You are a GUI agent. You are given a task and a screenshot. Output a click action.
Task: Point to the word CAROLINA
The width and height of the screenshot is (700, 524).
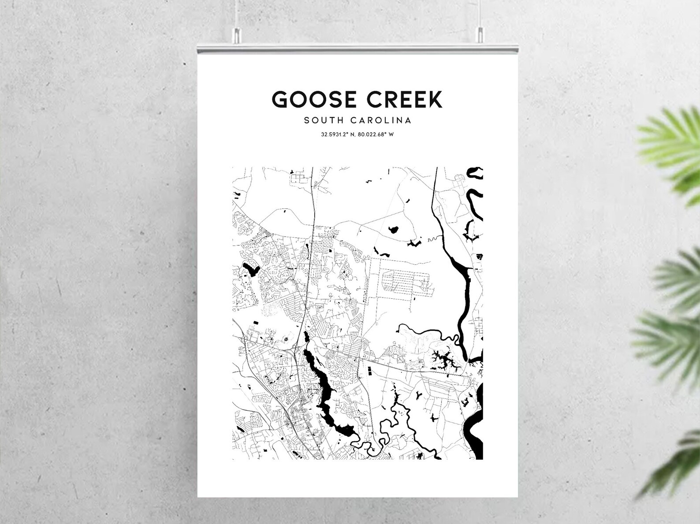point(381,120)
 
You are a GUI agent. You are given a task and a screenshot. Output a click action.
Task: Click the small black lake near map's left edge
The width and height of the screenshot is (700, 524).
point(249,268)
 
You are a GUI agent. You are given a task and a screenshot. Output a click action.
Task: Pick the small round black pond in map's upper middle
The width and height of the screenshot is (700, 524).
point(393,230)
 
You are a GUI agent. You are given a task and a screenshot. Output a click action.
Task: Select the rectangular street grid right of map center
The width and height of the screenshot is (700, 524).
point(403,281)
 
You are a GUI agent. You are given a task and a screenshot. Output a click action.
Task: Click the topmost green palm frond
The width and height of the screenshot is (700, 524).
point(670,141)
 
